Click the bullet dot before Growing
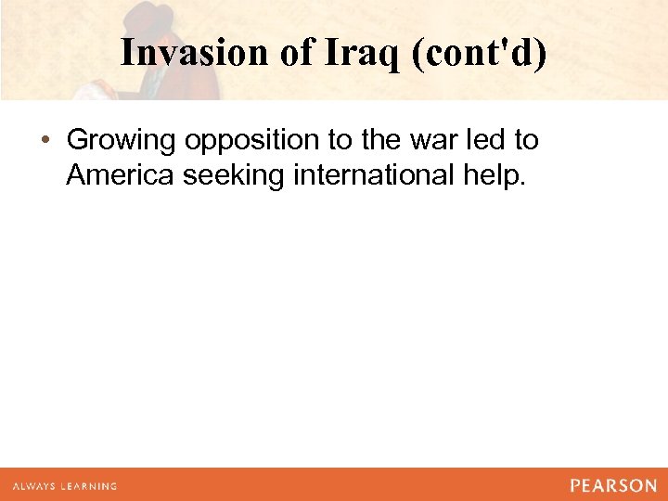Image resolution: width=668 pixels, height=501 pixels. (x=45, y=141)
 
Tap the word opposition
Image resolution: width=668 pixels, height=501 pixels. (x=246, y=142)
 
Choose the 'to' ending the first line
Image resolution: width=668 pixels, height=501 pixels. (x=526, y=141)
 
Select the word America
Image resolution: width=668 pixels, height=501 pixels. (x=120, y=175)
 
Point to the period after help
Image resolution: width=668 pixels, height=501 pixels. (x=523, y=184)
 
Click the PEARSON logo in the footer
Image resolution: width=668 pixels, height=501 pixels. (x=613, y=485)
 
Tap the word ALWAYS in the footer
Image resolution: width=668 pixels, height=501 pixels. (x=34, y=486)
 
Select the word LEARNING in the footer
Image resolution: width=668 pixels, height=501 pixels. (x=89, y=486)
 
